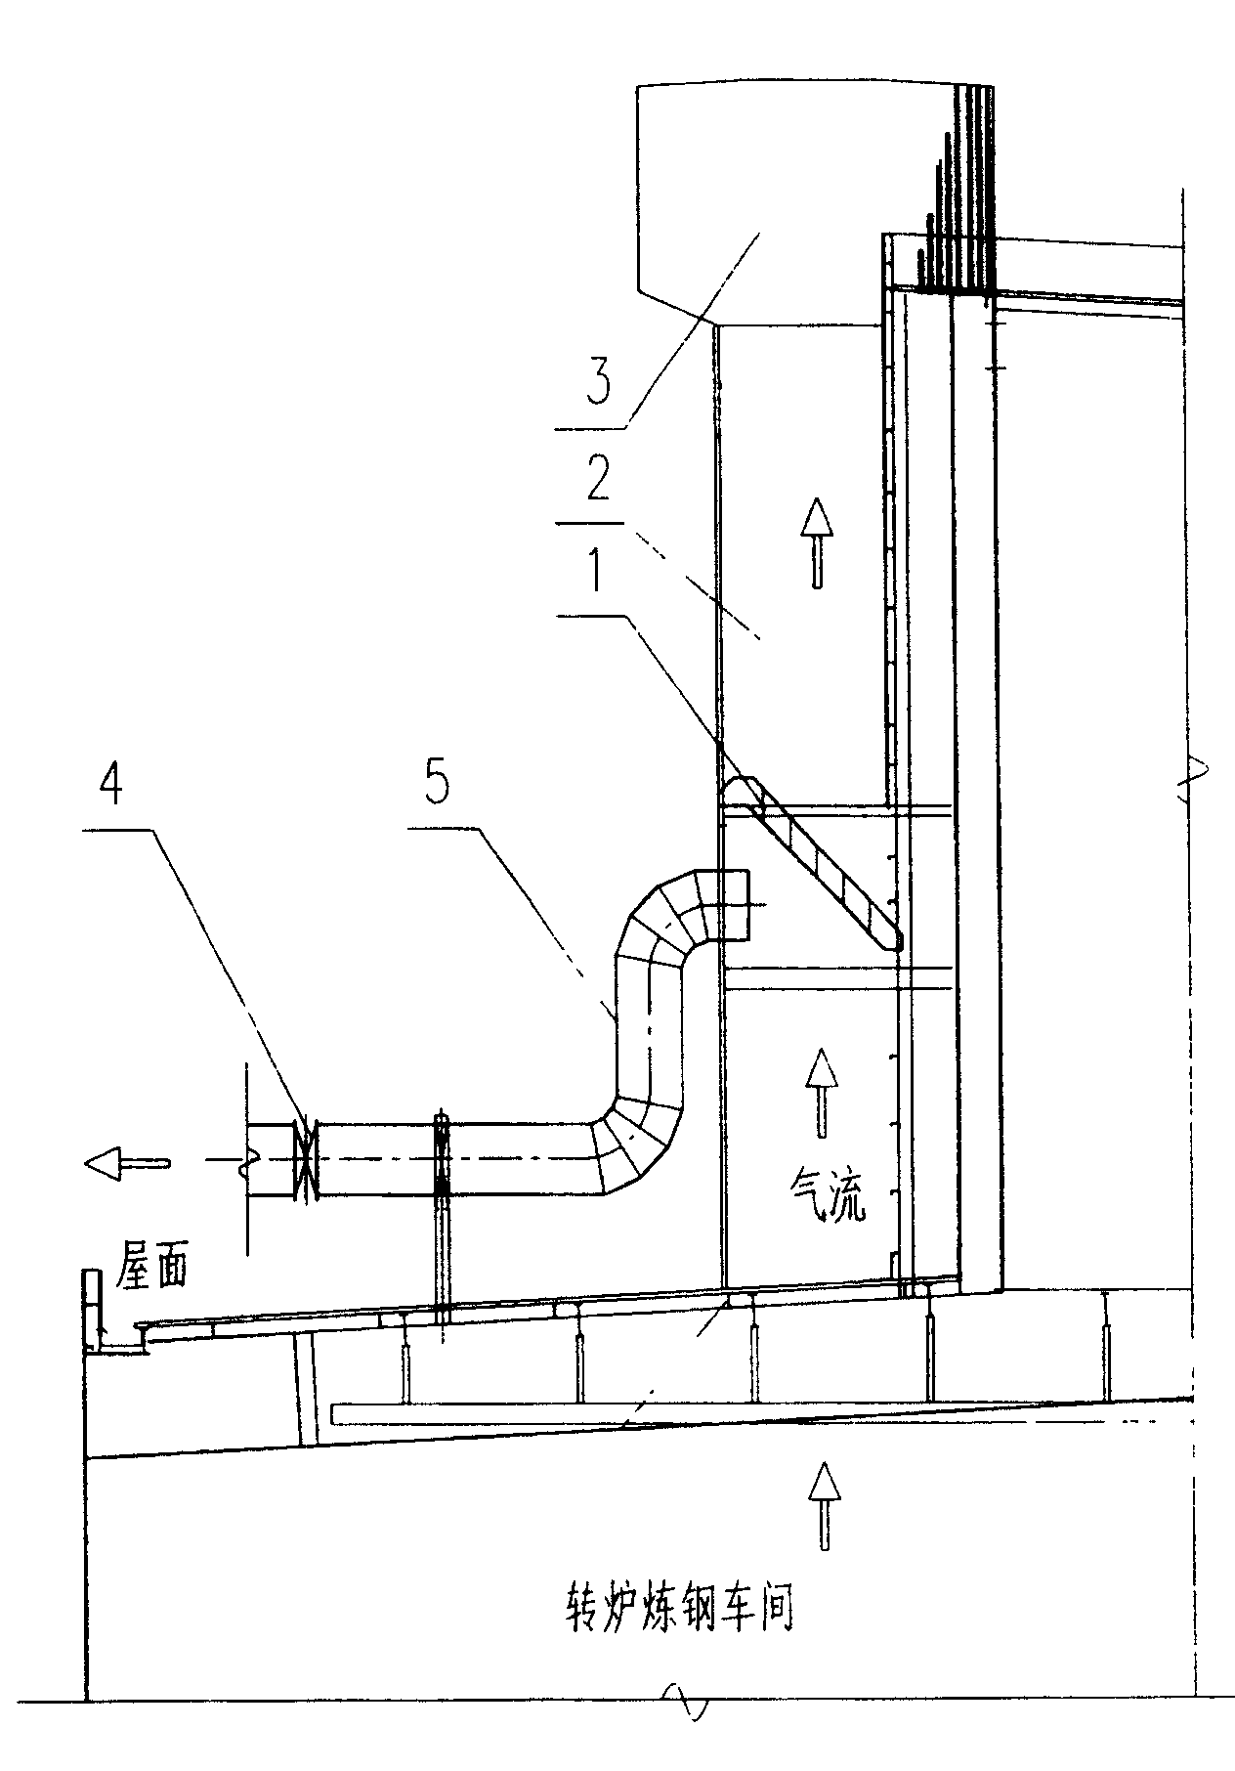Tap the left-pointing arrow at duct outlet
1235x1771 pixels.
coord(128,1161)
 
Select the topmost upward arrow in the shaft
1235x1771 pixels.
coord(816,541)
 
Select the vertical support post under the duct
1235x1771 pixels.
coord(442,1219)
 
